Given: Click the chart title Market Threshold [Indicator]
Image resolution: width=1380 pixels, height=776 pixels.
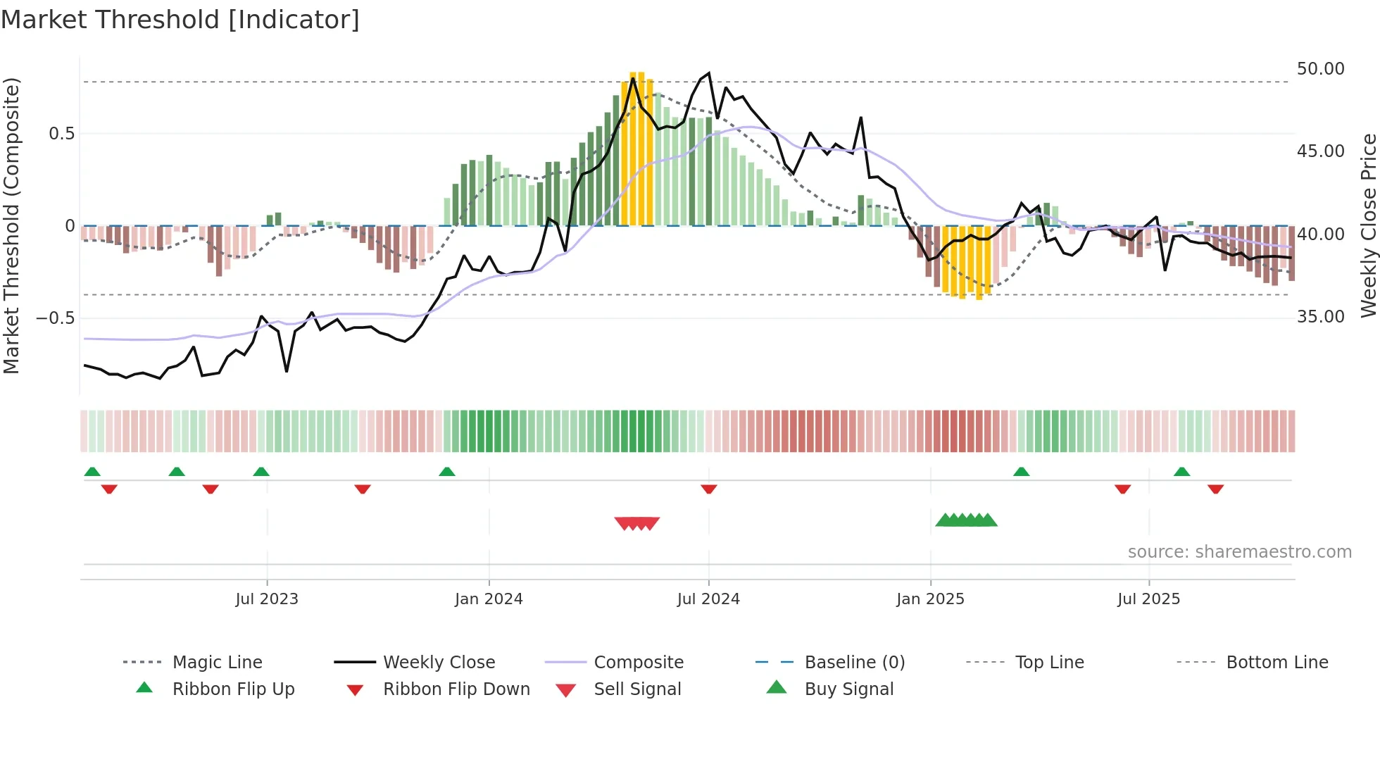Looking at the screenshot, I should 180,20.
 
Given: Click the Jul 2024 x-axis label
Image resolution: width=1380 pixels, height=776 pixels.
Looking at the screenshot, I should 708,599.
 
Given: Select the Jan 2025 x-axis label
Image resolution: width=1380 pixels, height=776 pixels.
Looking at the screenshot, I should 930,599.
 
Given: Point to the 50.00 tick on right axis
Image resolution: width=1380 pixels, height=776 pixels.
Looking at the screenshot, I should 1320,69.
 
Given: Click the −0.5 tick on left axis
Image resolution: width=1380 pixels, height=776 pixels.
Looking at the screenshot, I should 56,318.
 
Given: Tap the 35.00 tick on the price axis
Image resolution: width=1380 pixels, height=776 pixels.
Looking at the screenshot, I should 1320,317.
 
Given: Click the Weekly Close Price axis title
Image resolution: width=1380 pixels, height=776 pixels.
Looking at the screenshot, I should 1368,225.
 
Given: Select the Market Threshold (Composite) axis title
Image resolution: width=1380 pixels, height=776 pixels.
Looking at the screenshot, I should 11,225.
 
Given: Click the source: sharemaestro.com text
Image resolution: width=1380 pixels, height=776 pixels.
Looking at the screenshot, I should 1239,552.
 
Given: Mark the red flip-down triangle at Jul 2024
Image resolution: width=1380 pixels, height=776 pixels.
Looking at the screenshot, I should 709,489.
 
